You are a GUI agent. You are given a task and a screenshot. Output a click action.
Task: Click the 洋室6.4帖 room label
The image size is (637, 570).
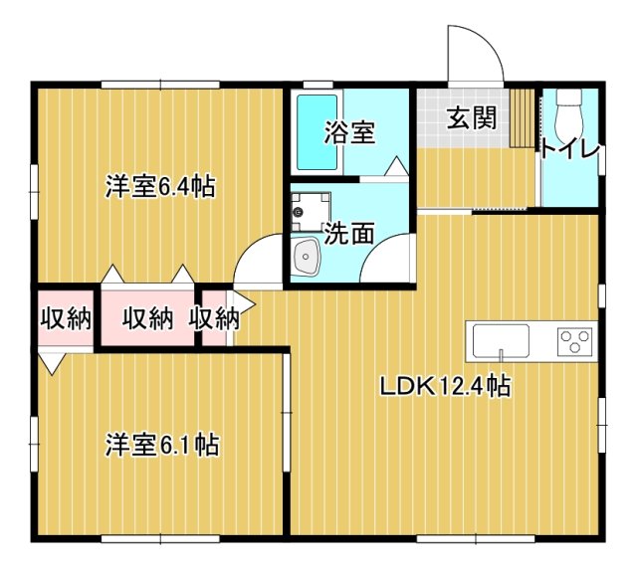tap(162, 186)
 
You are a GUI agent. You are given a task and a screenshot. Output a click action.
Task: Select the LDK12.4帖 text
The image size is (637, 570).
tap(445, 386)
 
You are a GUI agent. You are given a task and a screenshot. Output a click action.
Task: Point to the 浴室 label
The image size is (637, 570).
tap(350, 132)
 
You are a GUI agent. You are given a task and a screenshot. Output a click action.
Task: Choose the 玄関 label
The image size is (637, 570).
tap(471, 118)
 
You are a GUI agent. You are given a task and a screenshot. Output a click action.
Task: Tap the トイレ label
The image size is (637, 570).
tap(570, 150)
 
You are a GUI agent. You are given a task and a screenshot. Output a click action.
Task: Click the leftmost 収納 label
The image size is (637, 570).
tap(66, 318)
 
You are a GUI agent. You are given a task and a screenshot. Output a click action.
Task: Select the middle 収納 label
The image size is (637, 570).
tap(148, 318)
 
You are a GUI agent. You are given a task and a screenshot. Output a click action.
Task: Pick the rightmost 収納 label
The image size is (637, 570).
tap(214, 318)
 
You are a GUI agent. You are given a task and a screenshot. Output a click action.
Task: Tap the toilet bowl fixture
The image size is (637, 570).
tap(569, 114)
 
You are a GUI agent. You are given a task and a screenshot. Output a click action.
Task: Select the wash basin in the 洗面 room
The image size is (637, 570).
tap(305, 262)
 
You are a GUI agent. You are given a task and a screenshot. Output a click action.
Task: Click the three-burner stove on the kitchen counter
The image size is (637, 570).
tap(574, 341)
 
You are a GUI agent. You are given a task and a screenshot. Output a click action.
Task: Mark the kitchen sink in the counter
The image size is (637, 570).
tap(501, 341)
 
